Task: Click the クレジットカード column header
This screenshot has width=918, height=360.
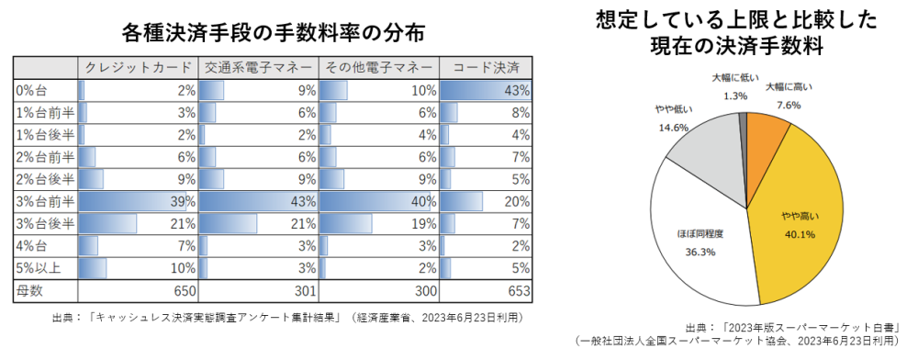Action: pyautogui.click(x=138, y=68)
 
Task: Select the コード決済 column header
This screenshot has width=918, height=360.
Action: pyautogui.click(x=487, y=68)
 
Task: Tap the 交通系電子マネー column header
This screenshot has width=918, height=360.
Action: pyautogui.click(x=258, y=68)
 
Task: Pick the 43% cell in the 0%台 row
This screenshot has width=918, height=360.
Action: pyautogui.click(x=487, y=90)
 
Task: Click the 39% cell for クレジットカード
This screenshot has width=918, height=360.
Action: pyautogui.click(x=138, y=201)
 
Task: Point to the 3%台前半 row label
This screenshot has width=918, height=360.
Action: pyautogui.click(x=44, y=201)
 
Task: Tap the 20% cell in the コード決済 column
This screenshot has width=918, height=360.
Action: pyautogui.click(x=487, y=201)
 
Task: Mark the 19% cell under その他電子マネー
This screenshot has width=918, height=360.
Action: pyautogui.click(x=378, y=223)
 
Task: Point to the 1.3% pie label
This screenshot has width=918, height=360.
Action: pyautogui.click(x=734, y=96)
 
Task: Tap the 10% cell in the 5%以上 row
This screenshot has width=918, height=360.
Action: pyautogui.click(x=138, y=267)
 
